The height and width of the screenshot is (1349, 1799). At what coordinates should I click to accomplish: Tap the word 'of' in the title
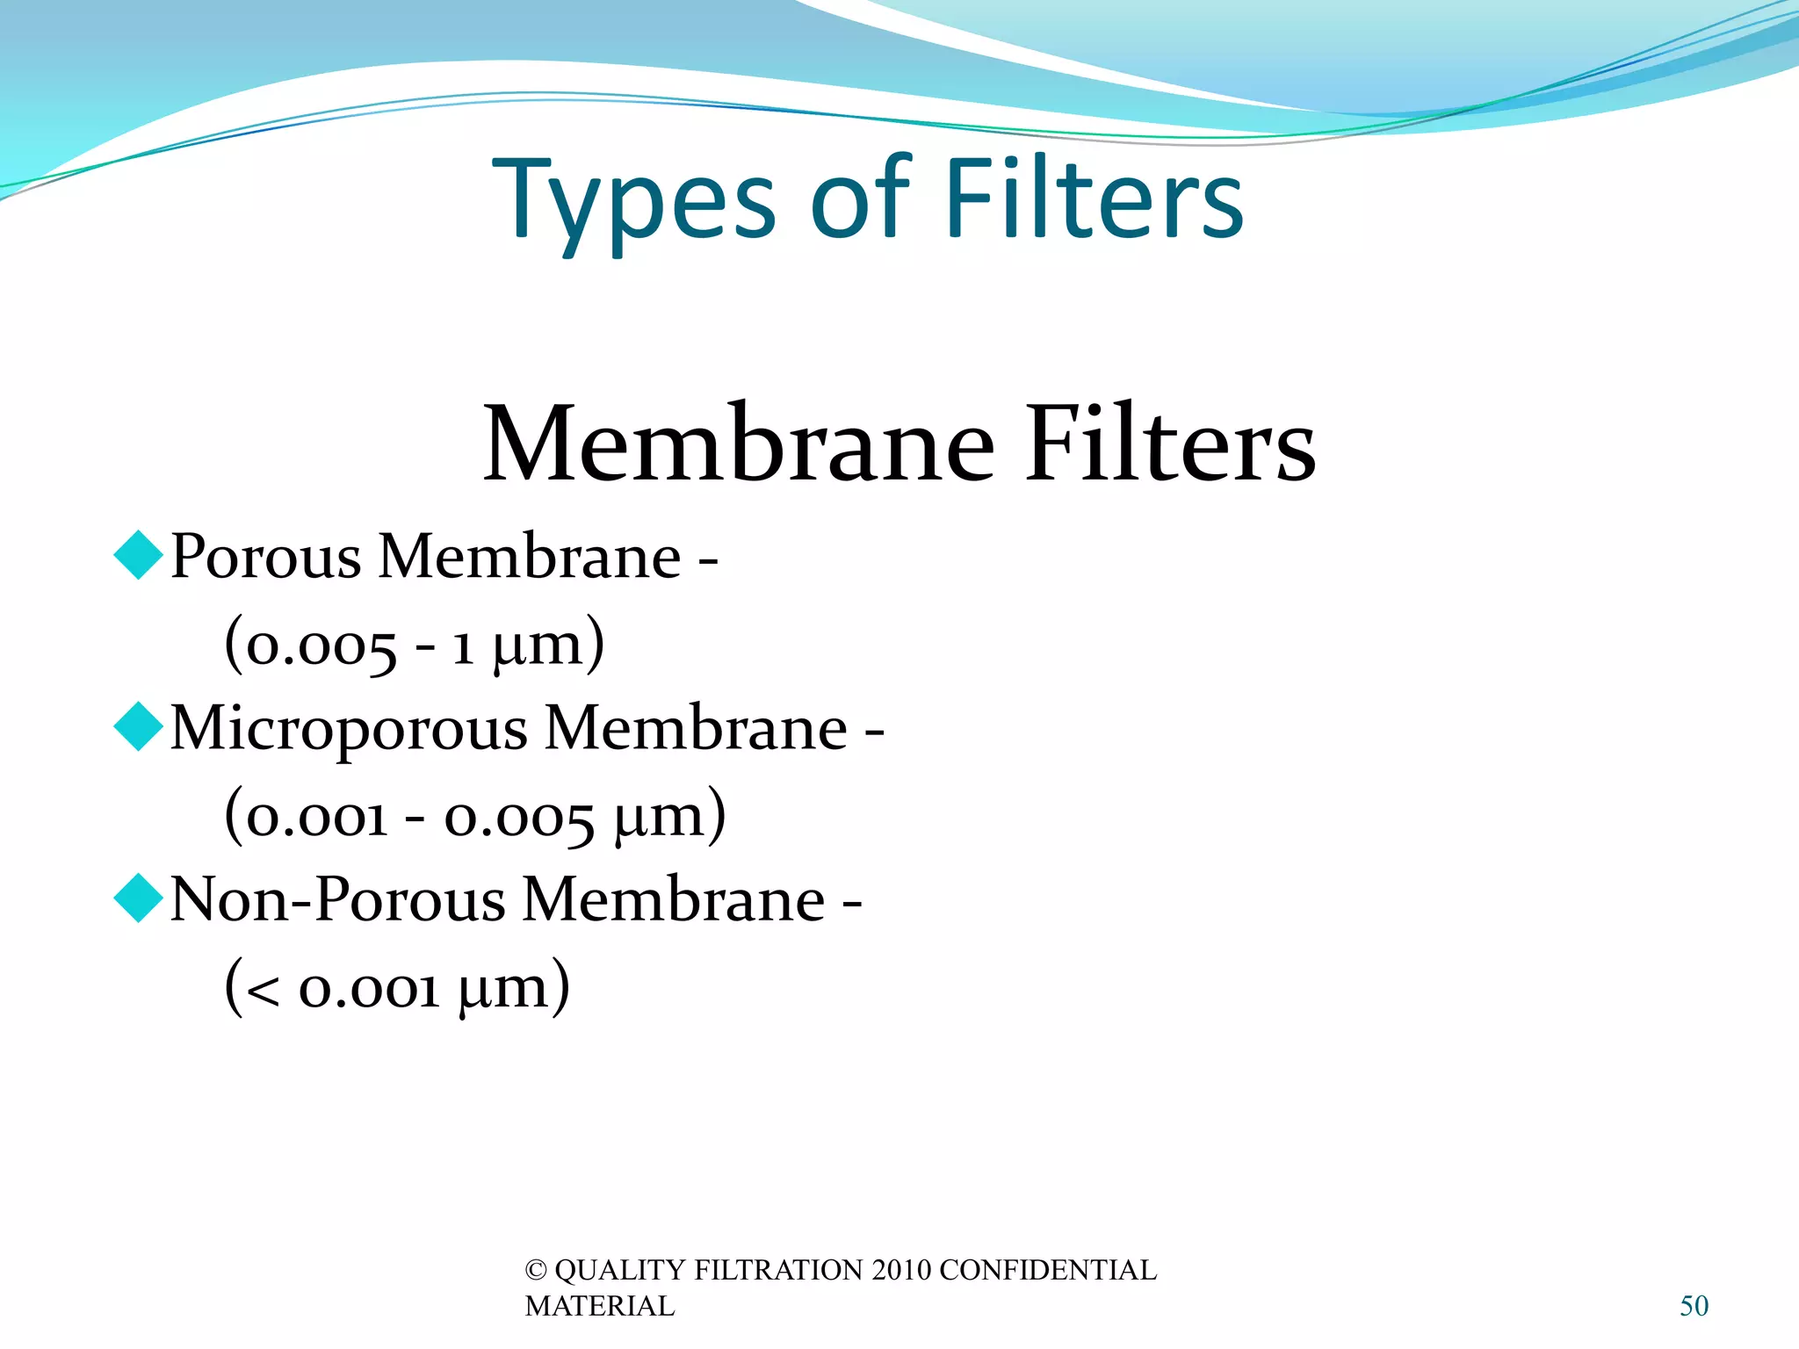[x=862, y=200]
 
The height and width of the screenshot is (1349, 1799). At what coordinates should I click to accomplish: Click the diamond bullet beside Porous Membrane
[x=139, y=555]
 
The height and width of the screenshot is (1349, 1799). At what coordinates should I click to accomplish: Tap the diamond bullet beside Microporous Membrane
[x=139, y=726]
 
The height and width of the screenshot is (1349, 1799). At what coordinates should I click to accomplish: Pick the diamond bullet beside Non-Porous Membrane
[x=139, y=898]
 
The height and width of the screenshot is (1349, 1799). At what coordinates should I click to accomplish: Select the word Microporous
[x=349, y=729]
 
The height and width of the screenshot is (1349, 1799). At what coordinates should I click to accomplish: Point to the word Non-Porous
[x=337, y=899]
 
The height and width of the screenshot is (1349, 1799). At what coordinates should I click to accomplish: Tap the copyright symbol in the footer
[x=535, y=1270]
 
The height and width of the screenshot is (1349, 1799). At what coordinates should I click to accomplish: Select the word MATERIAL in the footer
[x=600, y=1306]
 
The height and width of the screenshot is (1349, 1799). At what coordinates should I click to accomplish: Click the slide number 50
[x=1694, y=1306]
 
